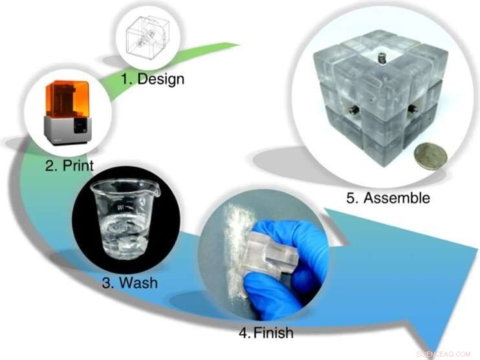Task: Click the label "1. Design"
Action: pyautogui.click(x=152, y=79)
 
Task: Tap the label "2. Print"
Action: pyautogui.click(x=70, y=165)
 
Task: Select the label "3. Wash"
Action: pyautogui.click(x=129, y=282)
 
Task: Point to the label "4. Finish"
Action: pyautogui.click(x=266, y=334)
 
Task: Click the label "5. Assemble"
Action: pyautogui.click(x=388, y=198)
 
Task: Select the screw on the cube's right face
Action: pyautogui.click(x=411, y=109)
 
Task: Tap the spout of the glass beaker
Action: pyautogui.click(x=155, y=189)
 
